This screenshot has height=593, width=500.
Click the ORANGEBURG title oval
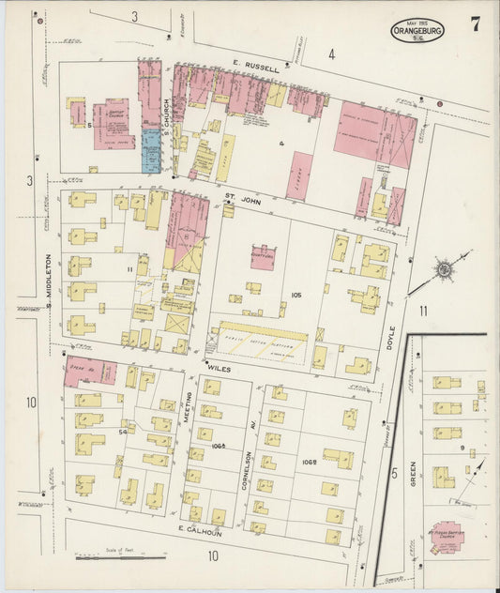pos(417,30)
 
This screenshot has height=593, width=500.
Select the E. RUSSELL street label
pos(256,68)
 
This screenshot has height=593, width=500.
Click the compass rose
pos(441,269)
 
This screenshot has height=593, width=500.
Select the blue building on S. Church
pos(150,150)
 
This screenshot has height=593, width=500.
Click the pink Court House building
pos(263,256)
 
